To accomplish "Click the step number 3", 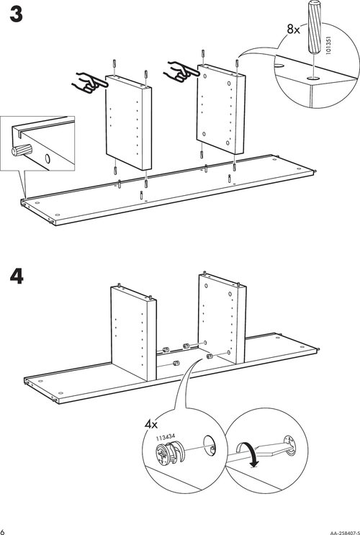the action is click(x=16, y=15).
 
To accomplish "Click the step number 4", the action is click(x=17, y=277).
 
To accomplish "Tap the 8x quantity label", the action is click(x=293, y=30).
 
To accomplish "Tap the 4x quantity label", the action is click(x=150, y=424).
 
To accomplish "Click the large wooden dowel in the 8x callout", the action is click(x=315, y=27).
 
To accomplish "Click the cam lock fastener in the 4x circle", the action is click(x=170, y=453).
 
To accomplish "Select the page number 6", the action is click(x=2, y=531).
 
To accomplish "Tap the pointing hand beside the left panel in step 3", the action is click(x=89, y=83).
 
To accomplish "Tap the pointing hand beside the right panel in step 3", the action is click(x=183, y=71).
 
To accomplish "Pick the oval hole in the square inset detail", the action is click(x=48, y=158).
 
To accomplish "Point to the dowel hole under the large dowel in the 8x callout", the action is click(x=313, y=78).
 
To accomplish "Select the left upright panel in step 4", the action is click(x=133, y=333).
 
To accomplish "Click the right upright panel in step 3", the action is click(x=221, y=109).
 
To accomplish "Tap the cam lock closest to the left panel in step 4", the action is click(x=166, y=349).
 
